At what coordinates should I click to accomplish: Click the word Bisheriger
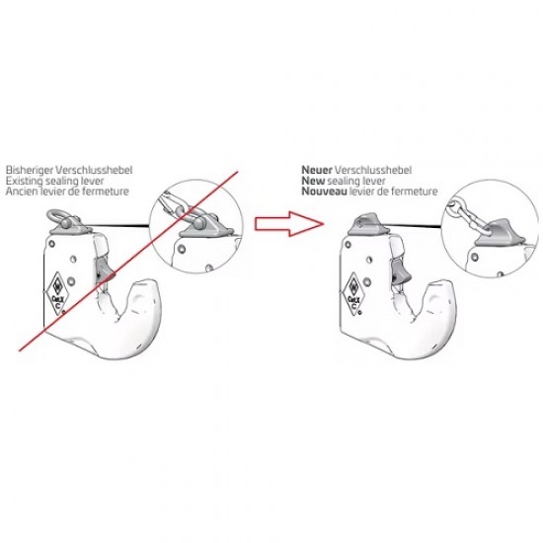[x=30, y=171]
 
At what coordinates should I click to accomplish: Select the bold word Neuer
[x=317, y=170]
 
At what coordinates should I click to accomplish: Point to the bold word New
[x=313, y=181]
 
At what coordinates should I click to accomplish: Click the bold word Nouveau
[x=324, y=192]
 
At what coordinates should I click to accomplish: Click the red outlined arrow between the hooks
[x=289, y=224]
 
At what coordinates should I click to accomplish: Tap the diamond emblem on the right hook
[x=352, y=294]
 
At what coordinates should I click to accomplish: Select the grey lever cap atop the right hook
[x=365, y=224]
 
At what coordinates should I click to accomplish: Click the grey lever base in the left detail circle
[x=205, y=229]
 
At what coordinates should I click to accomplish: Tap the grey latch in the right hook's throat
[x=400, y=271]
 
